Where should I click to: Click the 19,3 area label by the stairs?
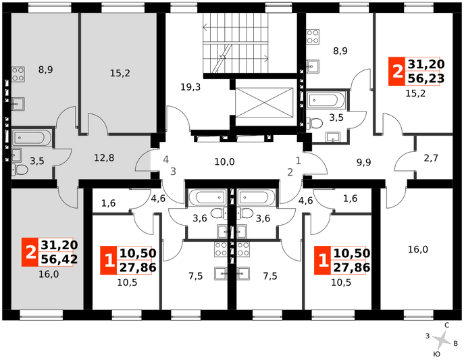pyautogui.click(x=190, y=87)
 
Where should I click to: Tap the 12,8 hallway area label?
pyautogui.click(x=104, y=158)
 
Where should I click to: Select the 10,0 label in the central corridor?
pyautogui.click(x=224, y=162)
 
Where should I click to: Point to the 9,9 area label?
pyautogui.click(x=363, y=162)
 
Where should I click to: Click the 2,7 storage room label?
pyautogui.click(x=431, y=158)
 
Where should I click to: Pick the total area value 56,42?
pyautogui.click(x=59, y=259)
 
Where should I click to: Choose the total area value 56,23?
pyautogui.click(x=426, y=78)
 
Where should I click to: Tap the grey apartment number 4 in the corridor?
pyautogui.click(x=166, y=159)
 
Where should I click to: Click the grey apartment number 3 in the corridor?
pyautogui.click(x=173, y=172)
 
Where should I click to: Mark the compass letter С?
pyautogui.click(x=447, y=325)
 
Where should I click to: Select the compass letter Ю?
pyautogui.click(x=437, y=354)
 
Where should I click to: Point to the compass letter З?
pyautogui.click(x=428, y=336)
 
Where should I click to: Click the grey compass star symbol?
pyautogui.click(x=442, y=340)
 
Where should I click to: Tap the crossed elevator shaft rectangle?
pyautogui.click(x=264, y=103)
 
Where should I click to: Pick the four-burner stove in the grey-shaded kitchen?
pyautogui.click(x=18, y=74)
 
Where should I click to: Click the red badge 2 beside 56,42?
pyautogui.click(x=30, y=252)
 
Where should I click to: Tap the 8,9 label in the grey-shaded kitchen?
pyautogui.click(x=45, y=70)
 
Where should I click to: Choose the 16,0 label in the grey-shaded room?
pyautogui.click(x=49, y=274)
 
